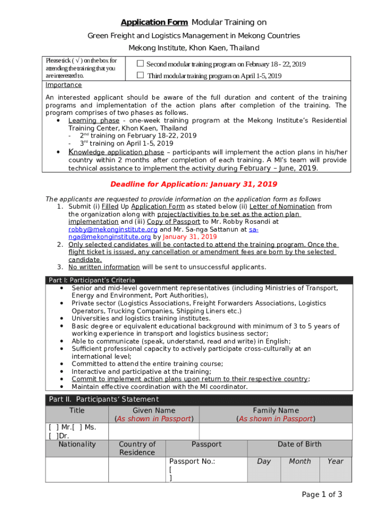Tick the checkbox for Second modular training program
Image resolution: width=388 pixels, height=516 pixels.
[x=141, y=64]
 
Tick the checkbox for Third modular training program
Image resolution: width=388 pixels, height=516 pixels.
[x=141, y=76]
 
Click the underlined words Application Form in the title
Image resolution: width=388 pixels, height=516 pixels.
[x=154, y=22]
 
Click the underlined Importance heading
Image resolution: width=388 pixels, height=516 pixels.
[x=63, y=85]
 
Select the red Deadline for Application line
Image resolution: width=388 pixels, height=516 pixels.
[x=193, y=184]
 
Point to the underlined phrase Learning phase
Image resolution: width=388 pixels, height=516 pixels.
[x=94, y=120]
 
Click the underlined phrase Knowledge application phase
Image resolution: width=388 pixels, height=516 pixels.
[x=116, y=152]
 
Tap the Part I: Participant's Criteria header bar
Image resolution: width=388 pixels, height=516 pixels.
[x=91, y=280]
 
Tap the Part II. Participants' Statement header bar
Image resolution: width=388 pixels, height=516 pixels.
[x=103, y=400]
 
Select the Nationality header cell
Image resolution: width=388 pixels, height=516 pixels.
[x=77, y=444]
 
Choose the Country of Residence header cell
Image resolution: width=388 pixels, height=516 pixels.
[x=137, y=448]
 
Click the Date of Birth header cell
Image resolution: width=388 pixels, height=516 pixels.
[x=299, y=444]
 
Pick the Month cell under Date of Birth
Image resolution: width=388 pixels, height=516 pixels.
[x=299, y=462]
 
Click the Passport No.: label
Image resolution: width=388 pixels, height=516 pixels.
[x=192, y=462]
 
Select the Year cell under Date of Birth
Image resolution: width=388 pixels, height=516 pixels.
[x=335, y=462]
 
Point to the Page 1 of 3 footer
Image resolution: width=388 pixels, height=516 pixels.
[x=321, y=494]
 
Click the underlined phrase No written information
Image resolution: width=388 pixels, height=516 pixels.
[x=104, y=267]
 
